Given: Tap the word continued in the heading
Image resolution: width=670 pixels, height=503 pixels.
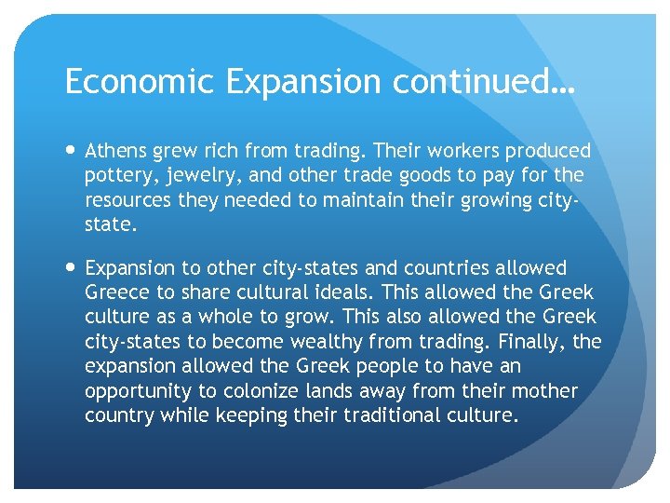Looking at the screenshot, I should coord(475,82).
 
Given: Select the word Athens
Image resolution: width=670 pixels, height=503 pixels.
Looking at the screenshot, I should coord(115,151).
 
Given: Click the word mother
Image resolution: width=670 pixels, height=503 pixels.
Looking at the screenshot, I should coord(546,391).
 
